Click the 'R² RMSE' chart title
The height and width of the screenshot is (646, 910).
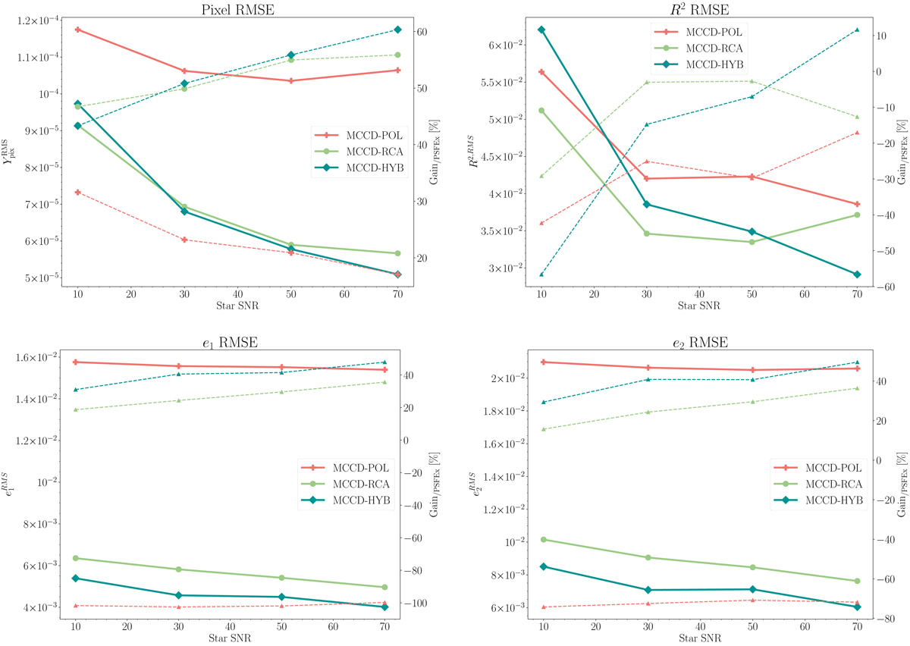click(698, 9)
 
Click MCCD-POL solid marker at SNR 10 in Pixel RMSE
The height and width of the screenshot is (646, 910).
click(77, 30)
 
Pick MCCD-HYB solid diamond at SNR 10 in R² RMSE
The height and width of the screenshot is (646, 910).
click(541, 30)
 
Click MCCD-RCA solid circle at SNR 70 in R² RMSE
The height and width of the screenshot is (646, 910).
click(857, 215)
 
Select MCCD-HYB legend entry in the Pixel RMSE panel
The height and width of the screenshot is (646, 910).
click(361, 168)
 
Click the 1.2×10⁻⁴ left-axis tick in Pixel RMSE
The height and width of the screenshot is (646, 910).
click(34, 20)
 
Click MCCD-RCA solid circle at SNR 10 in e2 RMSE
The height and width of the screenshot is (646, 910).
click(543, 540)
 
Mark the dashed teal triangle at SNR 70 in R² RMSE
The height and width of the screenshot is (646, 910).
click(857, 30)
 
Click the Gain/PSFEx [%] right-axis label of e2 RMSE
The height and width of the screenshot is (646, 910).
click(902, 478)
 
